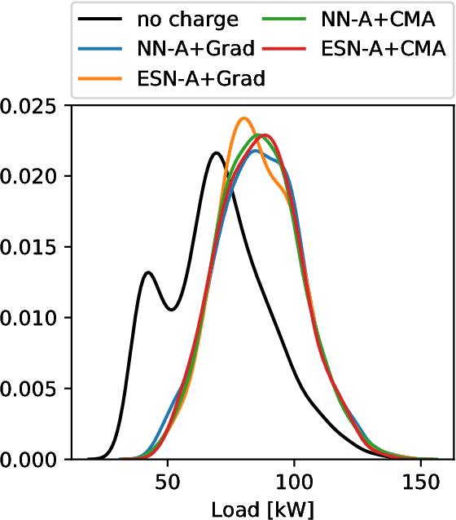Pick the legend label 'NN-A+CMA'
pos(378,20)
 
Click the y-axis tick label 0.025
pos(34,106)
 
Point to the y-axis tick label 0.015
pos(34,247)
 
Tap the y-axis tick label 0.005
pos(34,389)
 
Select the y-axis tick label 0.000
pos(34,460)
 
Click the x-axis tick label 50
pos(168,482)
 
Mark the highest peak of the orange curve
pos(243,118)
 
